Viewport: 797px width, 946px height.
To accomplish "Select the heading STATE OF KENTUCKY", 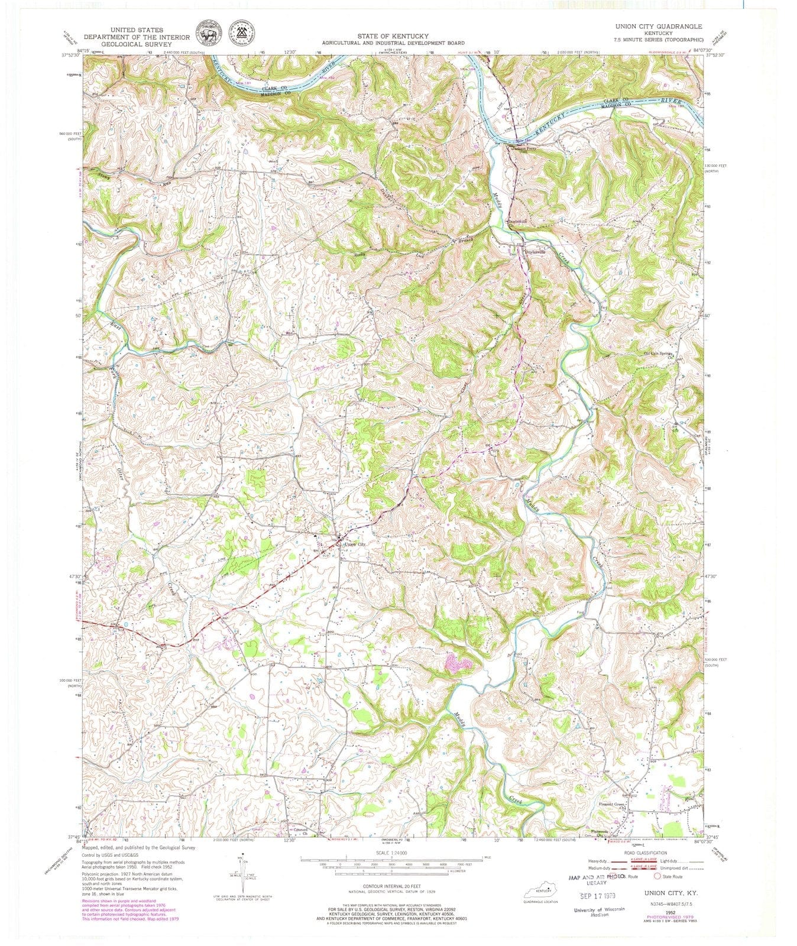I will (393, 36).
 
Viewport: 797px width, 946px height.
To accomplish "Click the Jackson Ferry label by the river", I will (522, 148).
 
